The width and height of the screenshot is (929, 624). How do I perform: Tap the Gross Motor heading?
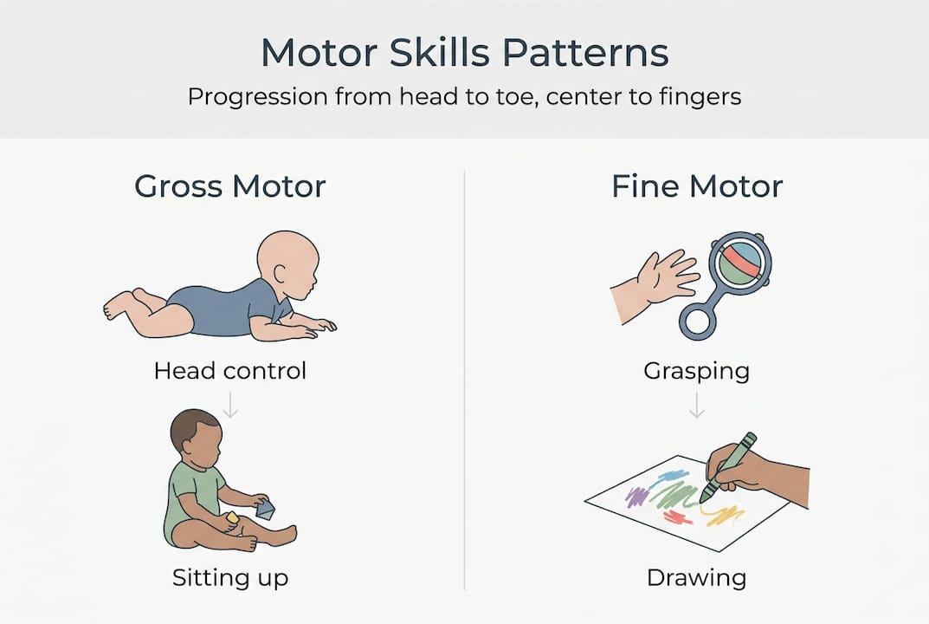click(230, 186)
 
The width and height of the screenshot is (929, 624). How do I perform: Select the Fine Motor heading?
click(697, 186)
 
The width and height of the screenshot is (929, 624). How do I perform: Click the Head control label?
click(230, 371)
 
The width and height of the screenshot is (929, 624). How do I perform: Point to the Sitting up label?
click(230, 578)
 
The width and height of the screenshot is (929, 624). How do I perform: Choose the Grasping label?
click(697, 372)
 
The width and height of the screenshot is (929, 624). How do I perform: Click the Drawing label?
click(697, 578)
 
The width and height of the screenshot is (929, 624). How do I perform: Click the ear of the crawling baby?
click(281, 274)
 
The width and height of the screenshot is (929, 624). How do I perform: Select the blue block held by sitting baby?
click(265, 510)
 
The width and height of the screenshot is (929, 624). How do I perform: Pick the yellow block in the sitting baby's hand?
click(232, 517)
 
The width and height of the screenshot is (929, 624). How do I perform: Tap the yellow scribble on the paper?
click(724, 515)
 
